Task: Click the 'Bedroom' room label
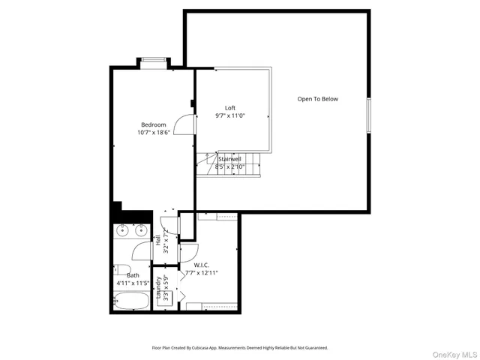pyautogui.click(x=153, y=124)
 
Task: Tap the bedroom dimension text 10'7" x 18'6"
pyautogui.click(x=153, y=132)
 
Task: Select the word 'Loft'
pyautogui.click(x=230, y=108)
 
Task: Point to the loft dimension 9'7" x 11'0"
pyautogui.click(x=230, y=115)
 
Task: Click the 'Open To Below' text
pyautogui.click(x=317, y=99)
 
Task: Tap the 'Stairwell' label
pyautogui.click(x=229, y=159)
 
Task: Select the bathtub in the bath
pyautogui.click(x=131, y=301)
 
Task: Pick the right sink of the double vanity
pyautogui.click(x=140, y=232)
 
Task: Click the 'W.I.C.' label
pyautogui.click(x=201, y=265)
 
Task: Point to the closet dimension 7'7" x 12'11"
pyautogui.click(x=201, y=272)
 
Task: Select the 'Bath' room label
pyautogui.click(x=133, y=275)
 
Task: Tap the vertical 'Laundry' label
pyautogui.click(x=158, y=288)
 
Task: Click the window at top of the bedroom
pyautogui.click(x=153, y=61)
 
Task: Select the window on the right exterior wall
pyautogui.click(x=368, y=115)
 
